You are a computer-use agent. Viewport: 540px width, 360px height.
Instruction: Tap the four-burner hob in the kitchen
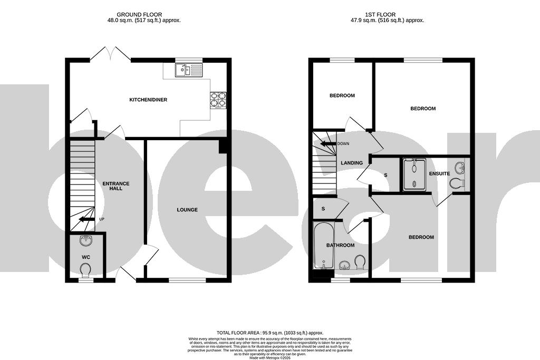(219, 100)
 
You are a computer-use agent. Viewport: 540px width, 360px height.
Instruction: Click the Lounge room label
(187, 210)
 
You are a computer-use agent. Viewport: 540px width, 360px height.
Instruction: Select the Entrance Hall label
(116, 186)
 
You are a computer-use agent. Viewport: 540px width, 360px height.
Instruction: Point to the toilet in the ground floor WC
(85, 270)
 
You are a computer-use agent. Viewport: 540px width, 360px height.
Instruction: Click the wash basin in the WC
(86, 241)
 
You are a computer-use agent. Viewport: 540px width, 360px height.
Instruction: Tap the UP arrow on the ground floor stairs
(85, 219)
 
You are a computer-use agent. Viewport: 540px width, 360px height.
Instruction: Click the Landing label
(352, 163)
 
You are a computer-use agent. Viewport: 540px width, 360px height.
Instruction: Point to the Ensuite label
(439, 173)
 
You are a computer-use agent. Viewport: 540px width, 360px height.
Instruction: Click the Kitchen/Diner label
(149, 100)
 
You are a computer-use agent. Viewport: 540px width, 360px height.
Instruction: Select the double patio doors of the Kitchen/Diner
(111, 54)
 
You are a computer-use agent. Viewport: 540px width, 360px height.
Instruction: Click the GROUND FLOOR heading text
(139, 15)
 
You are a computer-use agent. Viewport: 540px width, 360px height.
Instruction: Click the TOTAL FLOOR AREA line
(270, 333)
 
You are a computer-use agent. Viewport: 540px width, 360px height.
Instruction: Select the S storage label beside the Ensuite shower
(386, 174)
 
